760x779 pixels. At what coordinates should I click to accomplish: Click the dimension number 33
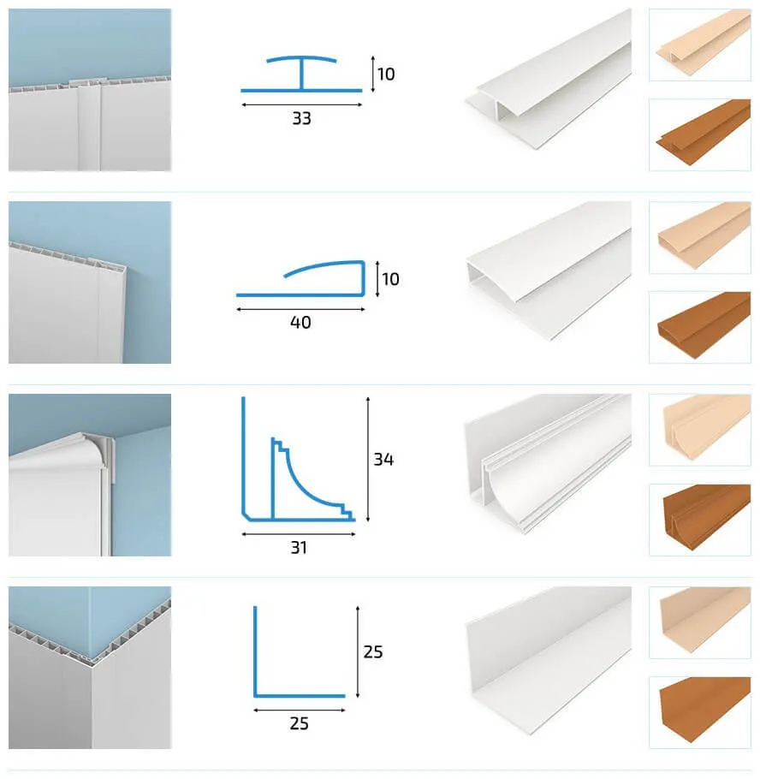click(301, 119)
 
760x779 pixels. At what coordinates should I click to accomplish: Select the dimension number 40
click(300, 323)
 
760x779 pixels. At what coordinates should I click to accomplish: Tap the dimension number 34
click(383, 459)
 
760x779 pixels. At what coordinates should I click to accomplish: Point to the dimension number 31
click(299, 548)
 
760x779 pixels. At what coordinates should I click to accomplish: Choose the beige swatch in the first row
click(700, 45)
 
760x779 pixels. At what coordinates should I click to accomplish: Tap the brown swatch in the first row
click(700, 134)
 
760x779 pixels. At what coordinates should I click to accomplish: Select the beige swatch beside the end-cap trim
click(700, 237)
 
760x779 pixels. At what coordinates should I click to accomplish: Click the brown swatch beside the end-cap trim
click(700, 327)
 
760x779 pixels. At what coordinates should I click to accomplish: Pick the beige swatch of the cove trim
click(700, 430)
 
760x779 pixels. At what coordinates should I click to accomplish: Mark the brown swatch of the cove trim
click(700, 520)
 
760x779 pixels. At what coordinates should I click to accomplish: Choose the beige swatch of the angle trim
click(700, 622)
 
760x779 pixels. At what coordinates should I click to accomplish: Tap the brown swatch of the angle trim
click(700, 712)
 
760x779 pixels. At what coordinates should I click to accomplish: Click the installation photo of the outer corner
click(90, 668)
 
